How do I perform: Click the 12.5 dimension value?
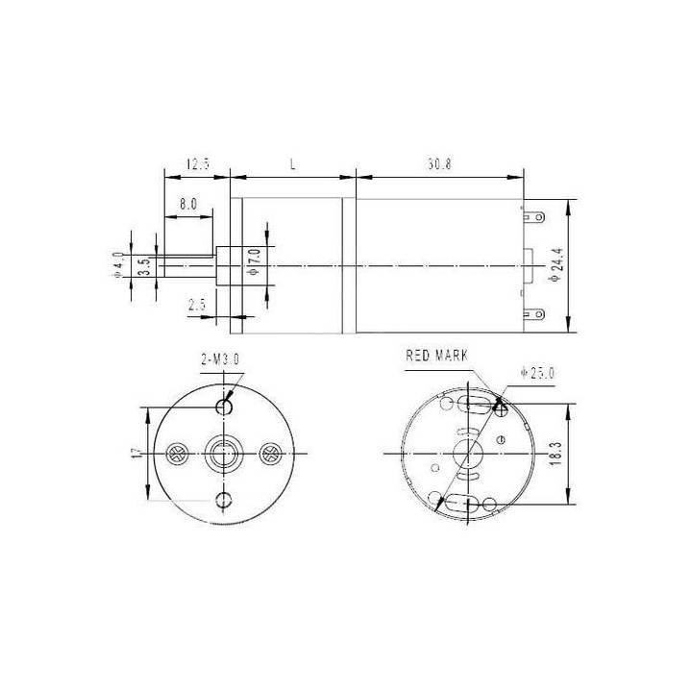[198, 164]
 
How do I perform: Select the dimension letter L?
[292, 164]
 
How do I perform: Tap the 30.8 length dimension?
[439, 164]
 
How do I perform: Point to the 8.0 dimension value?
[188, 205]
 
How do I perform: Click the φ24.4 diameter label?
[556, 265]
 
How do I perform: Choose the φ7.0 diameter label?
[255, 262]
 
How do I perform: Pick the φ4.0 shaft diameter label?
[118, 265]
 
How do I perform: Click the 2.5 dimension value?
[197, 305]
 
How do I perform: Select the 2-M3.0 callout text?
[220, 359]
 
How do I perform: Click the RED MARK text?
[436, 356]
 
